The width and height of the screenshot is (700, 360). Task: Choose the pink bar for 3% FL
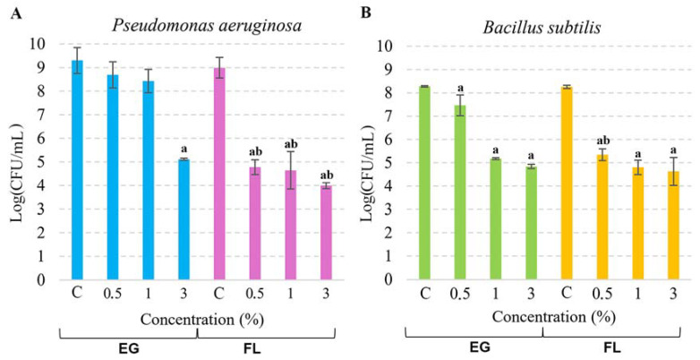pyautogui.click(x=325, y=232)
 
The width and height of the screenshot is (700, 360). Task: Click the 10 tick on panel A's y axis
pyautogui.click(x=38, y=45)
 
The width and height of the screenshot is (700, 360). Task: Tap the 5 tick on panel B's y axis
pyautogui.click(x=388, y=163)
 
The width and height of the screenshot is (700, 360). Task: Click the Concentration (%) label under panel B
pyautogui.click(x=546, y=317)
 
